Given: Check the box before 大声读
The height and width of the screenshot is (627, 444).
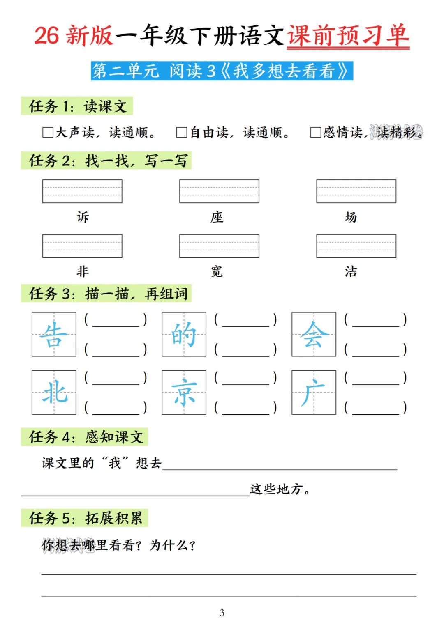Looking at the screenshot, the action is point(48,132).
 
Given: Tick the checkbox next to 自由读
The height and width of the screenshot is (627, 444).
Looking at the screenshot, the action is point(182,132).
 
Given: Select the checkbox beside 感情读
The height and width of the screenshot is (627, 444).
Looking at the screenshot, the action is point(315,132).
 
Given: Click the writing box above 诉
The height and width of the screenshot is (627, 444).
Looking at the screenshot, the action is point(82,191).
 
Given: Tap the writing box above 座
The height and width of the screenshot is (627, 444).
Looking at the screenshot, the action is point(219,191).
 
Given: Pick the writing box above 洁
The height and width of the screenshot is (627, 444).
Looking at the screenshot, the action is point(356,246).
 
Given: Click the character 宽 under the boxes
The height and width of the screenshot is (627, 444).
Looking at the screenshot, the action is point(217,271).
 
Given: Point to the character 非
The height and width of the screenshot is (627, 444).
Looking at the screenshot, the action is point(83,271).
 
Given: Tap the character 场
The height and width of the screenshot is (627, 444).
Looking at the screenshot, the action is point(351,217).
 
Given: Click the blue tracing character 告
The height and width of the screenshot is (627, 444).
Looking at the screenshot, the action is point(54,334).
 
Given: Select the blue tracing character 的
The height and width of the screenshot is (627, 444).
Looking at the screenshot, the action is point(184,334).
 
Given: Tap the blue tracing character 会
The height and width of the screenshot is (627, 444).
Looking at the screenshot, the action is point(314,334).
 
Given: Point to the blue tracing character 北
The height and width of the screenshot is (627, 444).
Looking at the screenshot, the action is point(54,393).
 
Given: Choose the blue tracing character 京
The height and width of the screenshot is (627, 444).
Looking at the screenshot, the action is point(184,393).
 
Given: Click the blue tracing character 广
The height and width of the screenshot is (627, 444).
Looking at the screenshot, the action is point(314,393).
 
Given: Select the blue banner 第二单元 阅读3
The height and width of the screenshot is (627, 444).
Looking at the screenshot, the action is point(222,71).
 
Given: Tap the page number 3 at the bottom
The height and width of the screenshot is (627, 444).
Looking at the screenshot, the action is point(222,613).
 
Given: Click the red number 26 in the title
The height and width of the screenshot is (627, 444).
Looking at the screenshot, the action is point(46,36).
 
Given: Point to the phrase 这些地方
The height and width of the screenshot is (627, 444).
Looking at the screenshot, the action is point(277,489).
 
